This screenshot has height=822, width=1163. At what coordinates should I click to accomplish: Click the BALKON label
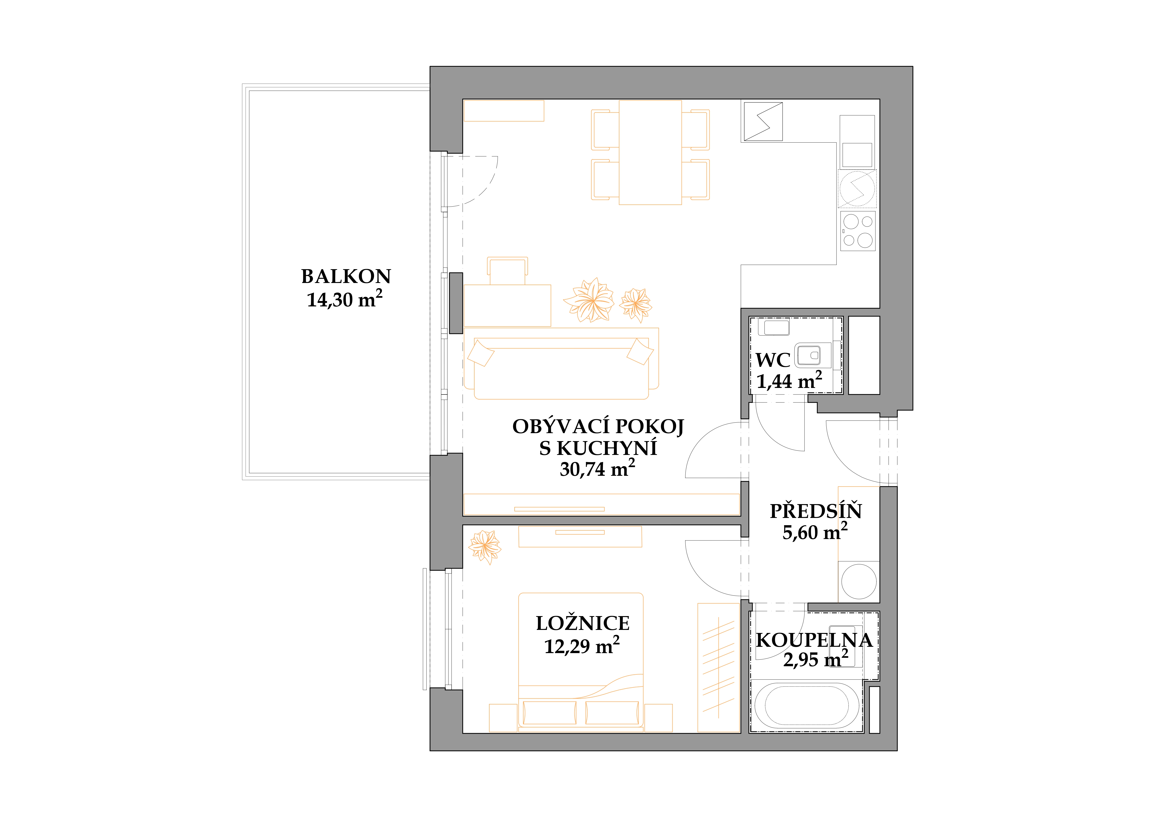(346, 276)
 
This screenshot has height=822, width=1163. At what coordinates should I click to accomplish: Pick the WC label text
(773, 360)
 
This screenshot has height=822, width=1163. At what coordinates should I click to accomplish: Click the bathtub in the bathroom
(806, 706)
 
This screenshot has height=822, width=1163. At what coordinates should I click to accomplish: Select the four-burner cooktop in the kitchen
(858, 231)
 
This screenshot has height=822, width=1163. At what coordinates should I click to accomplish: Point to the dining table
(650, 152)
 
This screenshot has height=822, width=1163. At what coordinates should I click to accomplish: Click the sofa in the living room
(561, 368)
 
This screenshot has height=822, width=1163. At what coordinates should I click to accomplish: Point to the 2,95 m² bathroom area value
(815, 659)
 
